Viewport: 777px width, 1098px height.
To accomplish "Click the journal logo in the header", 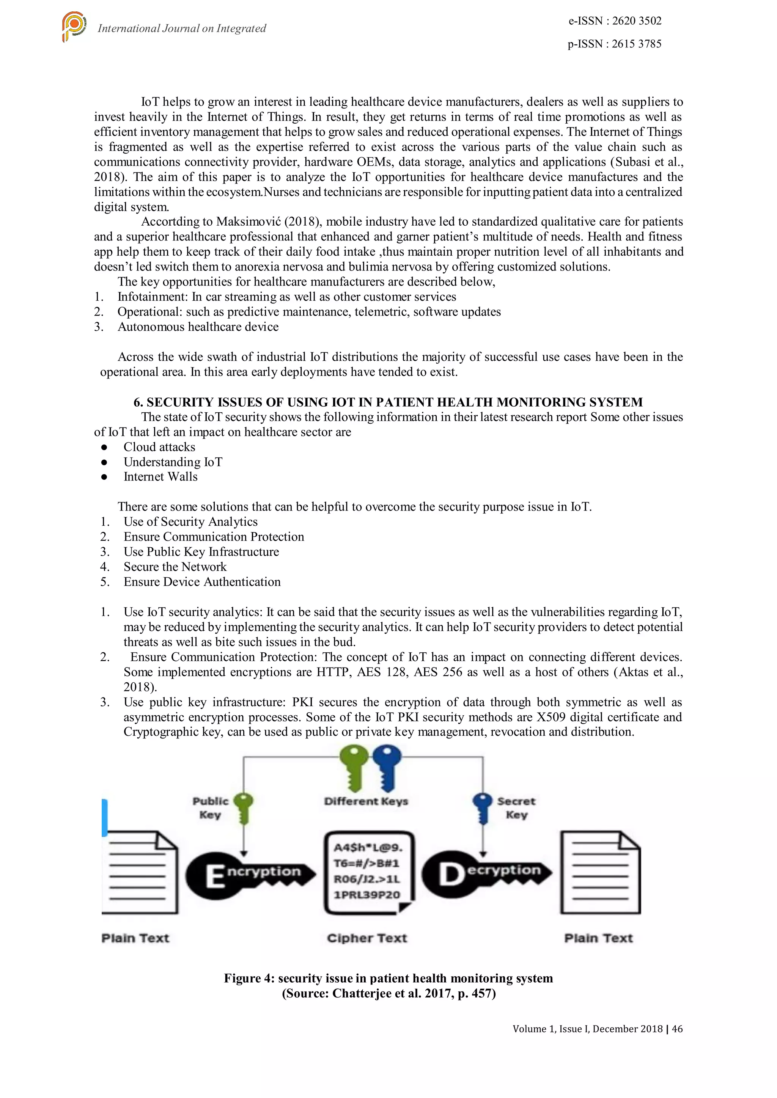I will click(x=74, y=27).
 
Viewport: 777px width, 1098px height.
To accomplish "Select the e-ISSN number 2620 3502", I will click(x=637, y=21).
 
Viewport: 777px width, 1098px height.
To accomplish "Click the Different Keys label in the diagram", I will click(x=366, y=801).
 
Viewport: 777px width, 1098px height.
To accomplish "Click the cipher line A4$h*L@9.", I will click(x=368, y=848).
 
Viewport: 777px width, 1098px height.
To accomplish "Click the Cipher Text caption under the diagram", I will click(x=367, y=938).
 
